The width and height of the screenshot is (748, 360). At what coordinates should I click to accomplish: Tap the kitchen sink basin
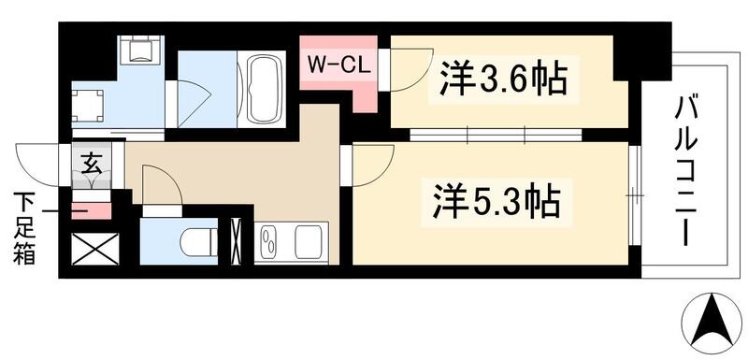click(268, 244)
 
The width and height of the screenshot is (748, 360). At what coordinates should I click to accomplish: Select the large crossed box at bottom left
click(94, 249)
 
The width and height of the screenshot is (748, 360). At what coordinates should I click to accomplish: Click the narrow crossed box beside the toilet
click(237, 241)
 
